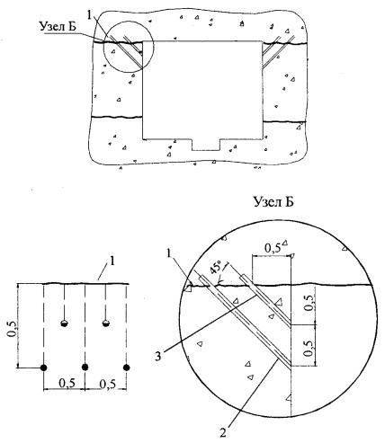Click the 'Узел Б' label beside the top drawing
pos(58,27)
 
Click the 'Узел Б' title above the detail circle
pos(273,202)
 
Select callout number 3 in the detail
pos(158,356)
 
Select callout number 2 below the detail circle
pos(223,433)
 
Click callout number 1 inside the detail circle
pos(170,253)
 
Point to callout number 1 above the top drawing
pos(89,16)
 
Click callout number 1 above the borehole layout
pos(112,261)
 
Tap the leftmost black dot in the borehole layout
pos(44,368)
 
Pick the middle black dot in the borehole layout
pos(85,368)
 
